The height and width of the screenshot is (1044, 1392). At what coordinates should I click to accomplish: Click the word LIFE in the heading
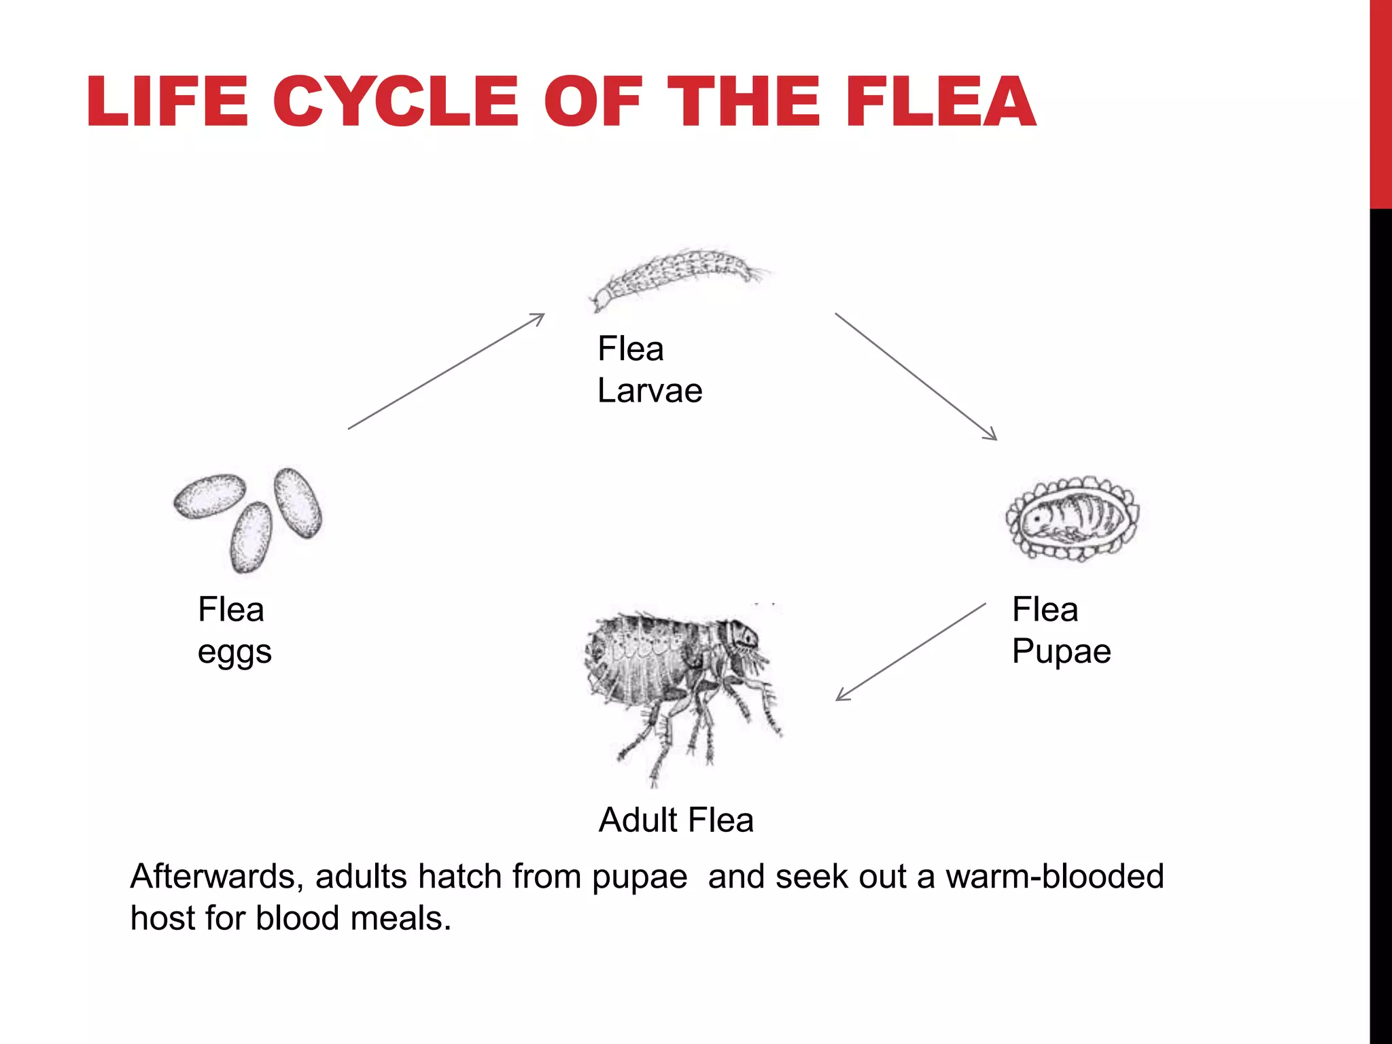click(x=167, y=101)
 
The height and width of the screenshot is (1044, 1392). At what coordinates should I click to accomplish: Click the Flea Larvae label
click(x=649, y=370)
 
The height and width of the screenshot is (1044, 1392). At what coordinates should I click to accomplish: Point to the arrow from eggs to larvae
click(x=446, y=372)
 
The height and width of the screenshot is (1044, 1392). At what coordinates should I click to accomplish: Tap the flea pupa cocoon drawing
click(x=1073, y=518)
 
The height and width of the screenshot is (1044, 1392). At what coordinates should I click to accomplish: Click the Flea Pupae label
click(x=1061, y=630)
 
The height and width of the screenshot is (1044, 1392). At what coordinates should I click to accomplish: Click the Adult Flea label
click(x=676, y=820)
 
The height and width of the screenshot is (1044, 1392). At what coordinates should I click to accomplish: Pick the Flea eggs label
click(x=234, y=630)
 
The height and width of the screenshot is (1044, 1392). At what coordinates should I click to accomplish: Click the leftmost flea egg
click(x=209, y=495)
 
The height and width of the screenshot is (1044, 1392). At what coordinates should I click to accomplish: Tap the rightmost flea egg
click(x=298, y=502)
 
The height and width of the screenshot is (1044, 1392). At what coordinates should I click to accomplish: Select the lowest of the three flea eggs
click(x=251, y=537)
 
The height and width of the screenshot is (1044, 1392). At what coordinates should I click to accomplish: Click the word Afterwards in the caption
click(x=216, y=877)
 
